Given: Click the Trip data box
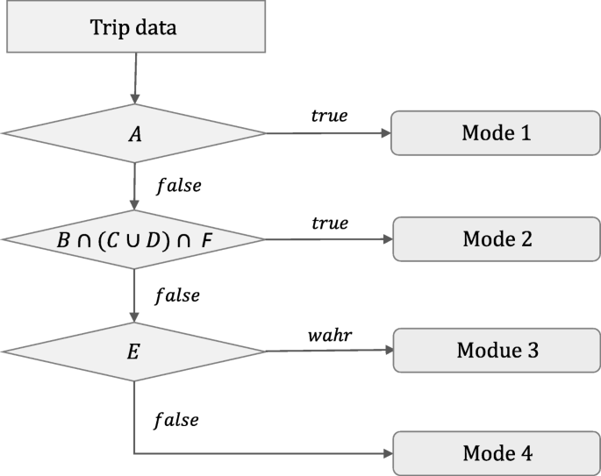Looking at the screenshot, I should click(133, 27).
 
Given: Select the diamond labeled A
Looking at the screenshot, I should click(133, 133).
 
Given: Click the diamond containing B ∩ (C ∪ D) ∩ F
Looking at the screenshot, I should click(133, 238).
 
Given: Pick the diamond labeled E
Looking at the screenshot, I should click(133, 351).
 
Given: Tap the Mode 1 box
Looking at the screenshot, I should click(496, 133).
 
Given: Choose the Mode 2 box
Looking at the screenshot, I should click(496, 238).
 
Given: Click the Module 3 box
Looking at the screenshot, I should click(496, 351).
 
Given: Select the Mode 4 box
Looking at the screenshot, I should click(496, 453).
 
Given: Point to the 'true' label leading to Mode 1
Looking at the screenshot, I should click(329, 116).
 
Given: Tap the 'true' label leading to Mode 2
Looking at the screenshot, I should click(329, 223).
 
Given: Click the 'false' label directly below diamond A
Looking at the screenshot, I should click(178, 186).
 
